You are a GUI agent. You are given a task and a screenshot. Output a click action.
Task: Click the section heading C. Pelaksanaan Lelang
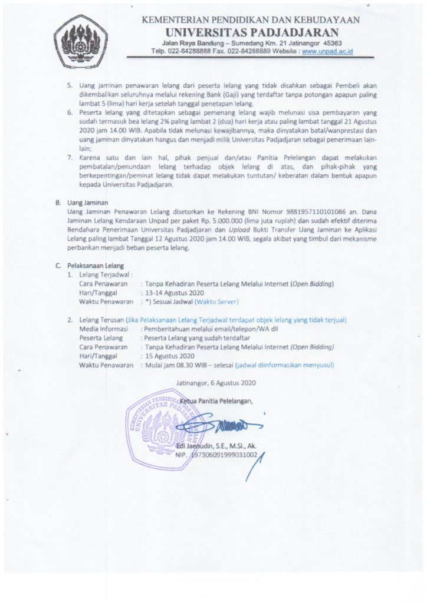[x=90, y=266]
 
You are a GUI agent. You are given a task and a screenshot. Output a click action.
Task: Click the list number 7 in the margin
[x=69, y=158]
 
